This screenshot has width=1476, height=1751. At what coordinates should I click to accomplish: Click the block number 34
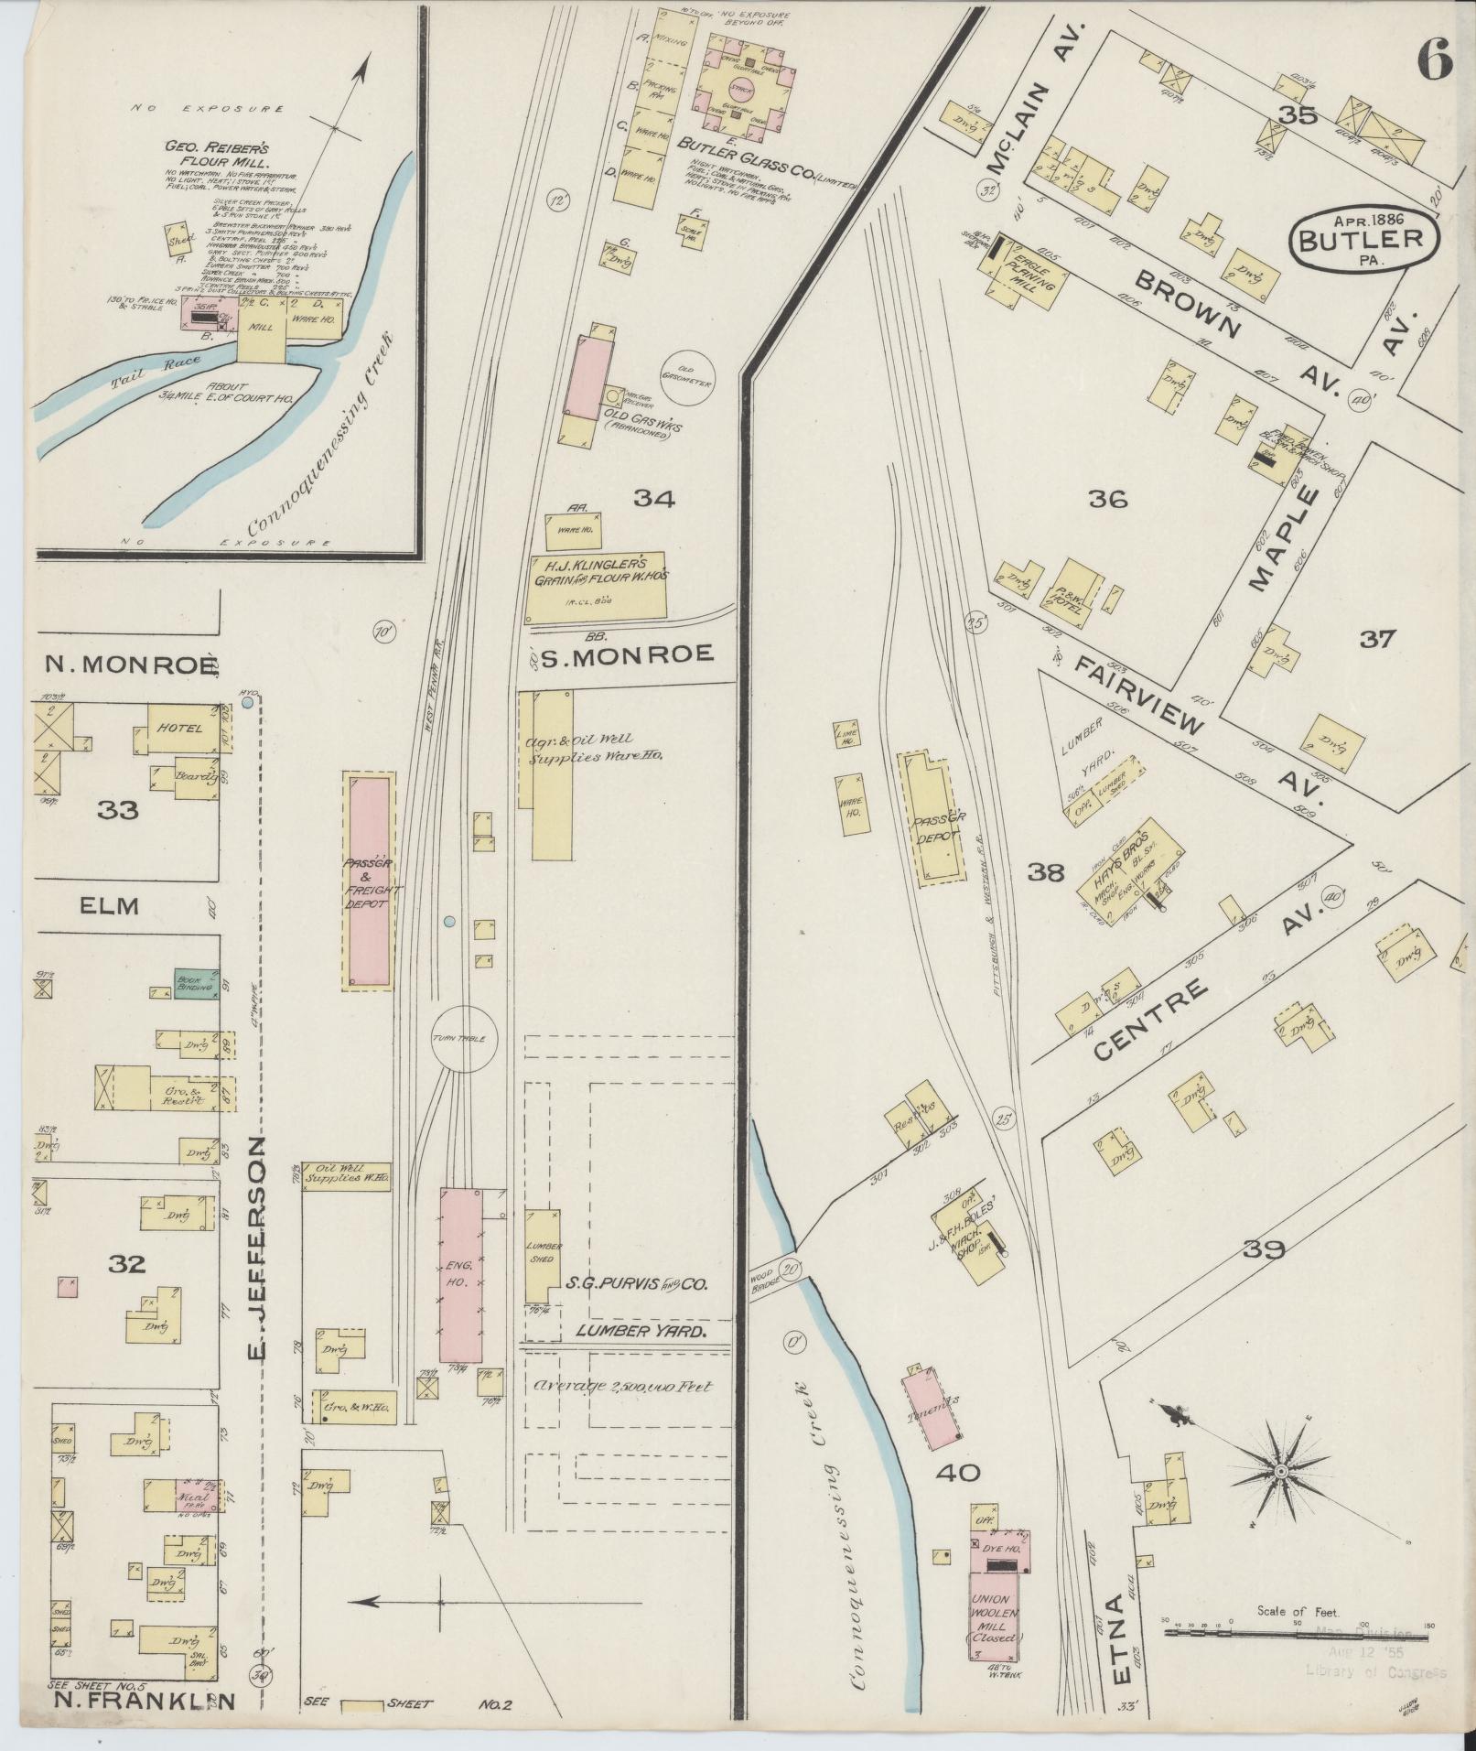(655, 499)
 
